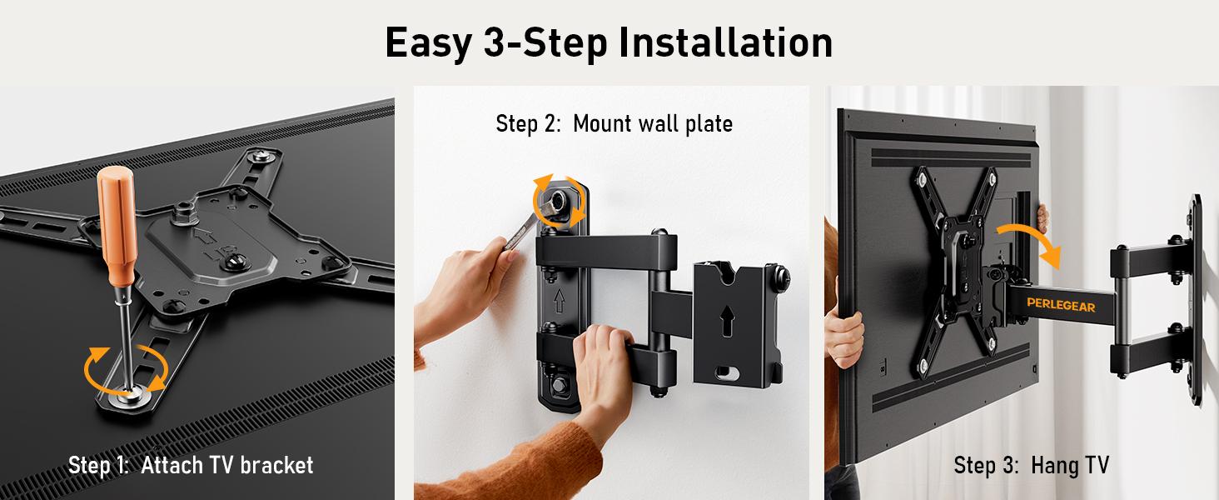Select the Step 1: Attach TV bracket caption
click(x=191, y=464)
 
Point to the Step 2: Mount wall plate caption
click(x=614, y=124)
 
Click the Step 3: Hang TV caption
click(x=1031, y=464)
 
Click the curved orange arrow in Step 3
click(x=1032, y=229)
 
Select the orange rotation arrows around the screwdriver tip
click(x=126, y=367)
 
